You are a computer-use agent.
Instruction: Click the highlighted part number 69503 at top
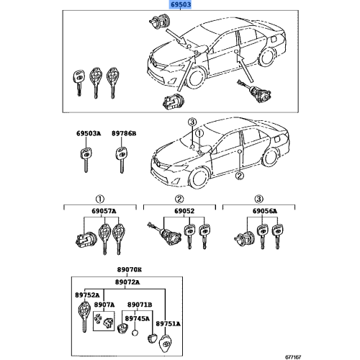click(x=181, y=4)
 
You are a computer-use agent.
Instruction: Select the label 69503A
click(x=89, y=133)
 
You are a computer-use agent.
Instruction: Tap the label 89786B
click(x=124, y=133)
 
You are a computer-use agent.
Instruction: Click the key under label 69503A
click(x=86, y=160)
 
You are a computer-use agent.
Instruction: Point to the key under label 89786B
click(x=122, y=160)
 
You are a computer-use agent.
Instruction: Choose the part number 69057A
click(x=104, y=211)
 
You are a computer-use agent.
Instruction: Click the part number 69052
click(x=184, y=211)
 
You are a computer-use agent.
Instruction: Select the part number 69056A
click(x=264, y=211)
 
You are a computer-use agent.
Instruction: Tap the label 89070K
click(x=130, y=269)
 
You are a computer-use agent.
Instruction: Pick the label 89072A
click(x=127, y=282)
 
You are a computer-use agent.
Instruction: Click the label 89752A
click(x=87, y=294)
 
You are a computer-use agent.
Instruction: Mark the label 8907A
click(x=104, y=305)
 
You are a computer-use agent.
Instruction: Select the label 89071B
click(x=140, y=305)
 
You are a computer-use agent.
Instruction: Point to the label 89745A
click(x=138, y=318)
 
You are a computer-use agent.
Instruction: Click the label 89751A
click(x=168, y=324)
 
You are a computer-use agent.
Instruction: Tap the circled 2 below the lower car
click(x=239, y=176)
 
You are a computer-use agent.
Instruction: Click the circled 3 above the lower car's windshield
click(x=192, y=122)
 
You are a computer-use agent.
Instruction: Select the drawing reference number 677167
click(x=293, y=357)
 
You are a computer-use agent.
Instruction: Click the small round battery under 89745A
click(x=135, y=333)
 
